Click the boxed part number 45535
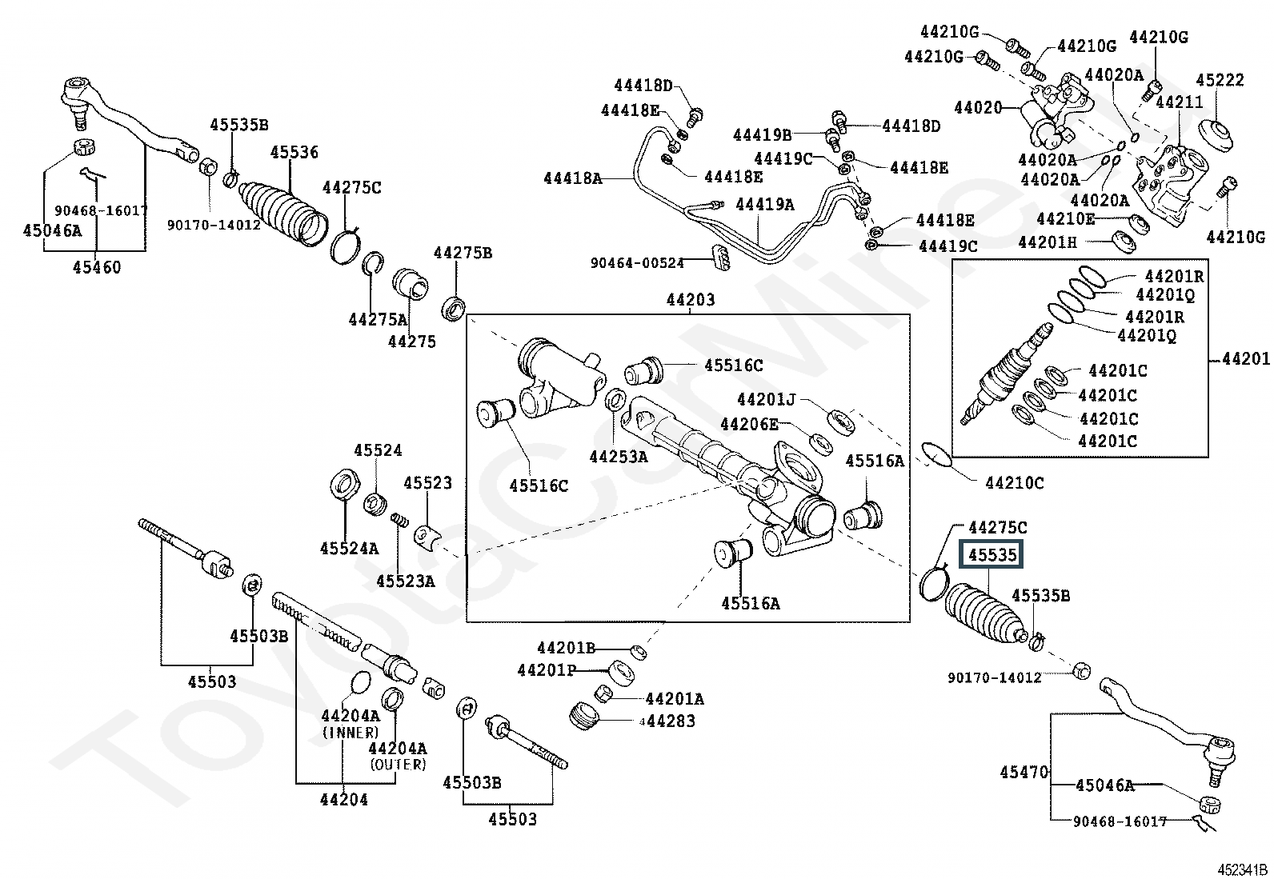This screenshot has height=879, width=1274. click(992, 553)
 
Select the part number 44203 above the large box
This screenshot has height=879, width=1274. click(691, 300)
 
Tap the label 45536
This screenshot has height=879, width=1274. click(294, 152)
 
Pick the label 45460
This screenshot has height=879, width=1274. click(97, 266)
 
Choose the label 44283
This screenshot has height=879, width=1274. click(671, 721)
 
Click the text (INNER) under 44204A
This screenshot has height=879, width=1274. click(351, 733)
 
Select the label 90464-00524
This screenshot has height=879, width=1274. click(637, 262)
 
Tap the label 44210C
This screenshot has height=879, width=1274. click(1014, 483)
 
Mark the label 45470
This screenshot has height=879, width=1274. click(1024, 772)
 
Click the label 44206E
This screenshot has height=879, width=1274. click(749, 424)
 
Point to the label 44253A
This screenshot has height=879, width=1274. click(619, 456)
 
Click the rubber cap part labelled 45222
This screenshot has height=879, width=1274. click(1216, 137)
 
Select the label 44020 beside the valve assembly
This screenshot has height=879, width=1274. click(978, 107)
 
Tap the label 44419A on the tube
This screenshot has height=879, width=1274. click(764, 203)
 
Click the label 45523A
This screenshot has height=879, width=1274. click(406, 581)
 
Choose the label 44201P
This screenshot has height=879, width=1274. click(547, 670)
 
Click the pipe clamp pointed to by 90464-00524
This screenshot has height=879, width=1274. click(720, 258)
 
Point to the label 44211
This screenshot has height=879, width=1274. click(1180, 102)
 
